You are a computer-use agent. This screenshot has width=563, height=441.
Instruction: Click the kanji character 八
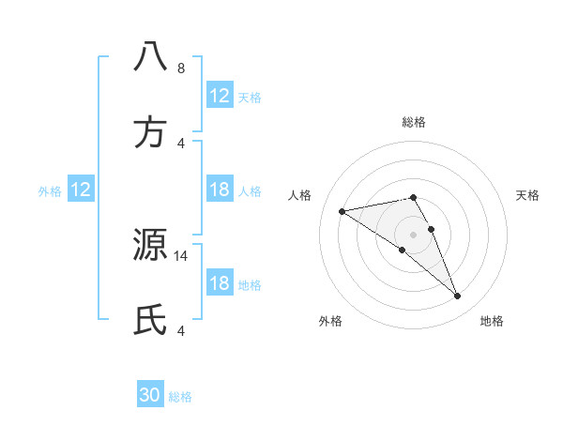coord(151,57)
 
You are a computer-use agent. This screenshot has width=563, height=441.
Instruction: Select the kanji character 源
coord(151,245)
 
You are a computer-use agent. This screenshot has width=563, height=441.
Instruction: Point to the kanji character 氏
coord(151,320)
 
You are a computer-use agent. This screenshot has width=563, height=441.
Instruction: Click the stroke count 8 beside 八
coord(181,68)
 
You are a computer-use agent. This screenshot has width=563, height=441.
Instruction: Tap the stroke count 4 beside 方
coord(181,144)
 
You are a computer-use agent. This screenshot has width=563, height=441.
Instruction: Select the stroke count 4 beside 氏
coord(181,331)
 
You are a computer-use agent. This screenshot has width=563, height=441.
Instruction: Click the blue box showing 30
coord(151,395)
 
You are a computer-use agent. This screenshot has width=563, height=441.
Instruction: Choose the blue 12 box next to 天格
coord(220,95)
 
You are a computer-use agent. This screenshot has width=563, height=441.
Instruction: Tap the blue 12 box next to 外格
coord(81,190)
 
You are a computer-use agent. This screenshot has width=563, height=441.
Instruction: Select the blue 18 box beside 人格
coord(220,190)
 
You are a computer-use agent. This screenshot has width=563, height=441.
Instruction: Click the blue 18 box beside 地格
coord(220,283)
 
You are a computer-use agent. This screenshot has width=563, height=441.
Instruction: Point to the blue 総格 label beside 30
coord(180,397)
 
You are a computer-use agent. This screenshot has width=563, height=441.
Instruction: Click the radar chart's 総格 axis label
coord(414,122)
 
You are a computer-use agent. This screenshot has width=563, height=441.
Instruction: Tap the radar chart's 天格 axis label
coord(528,195)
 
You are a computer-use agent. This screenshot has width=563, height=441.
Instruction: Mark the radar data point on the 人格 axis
coord(342,211)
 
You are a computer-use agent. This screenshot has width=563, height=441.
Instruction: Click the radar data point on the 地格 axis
coord(458,297)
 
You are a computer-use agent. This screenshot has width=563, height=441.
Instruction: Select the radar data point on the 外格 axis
coord(403,250)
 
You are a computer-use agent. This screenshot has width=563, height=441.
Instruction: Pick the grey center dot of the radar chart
coord(414,234)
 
